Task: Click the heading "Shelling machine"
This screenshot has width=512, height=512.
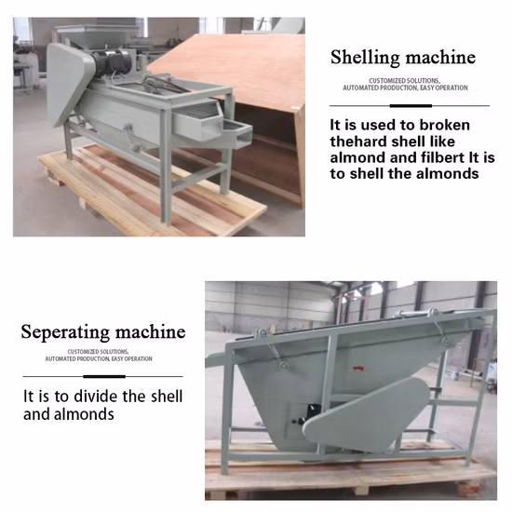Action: [x=403, y=58]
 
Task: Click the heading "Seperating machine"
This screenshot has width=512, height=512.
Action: [x=103, y=332]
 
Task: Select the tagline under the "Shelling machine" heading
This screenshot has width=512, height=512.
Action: [x=403, y=84]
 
